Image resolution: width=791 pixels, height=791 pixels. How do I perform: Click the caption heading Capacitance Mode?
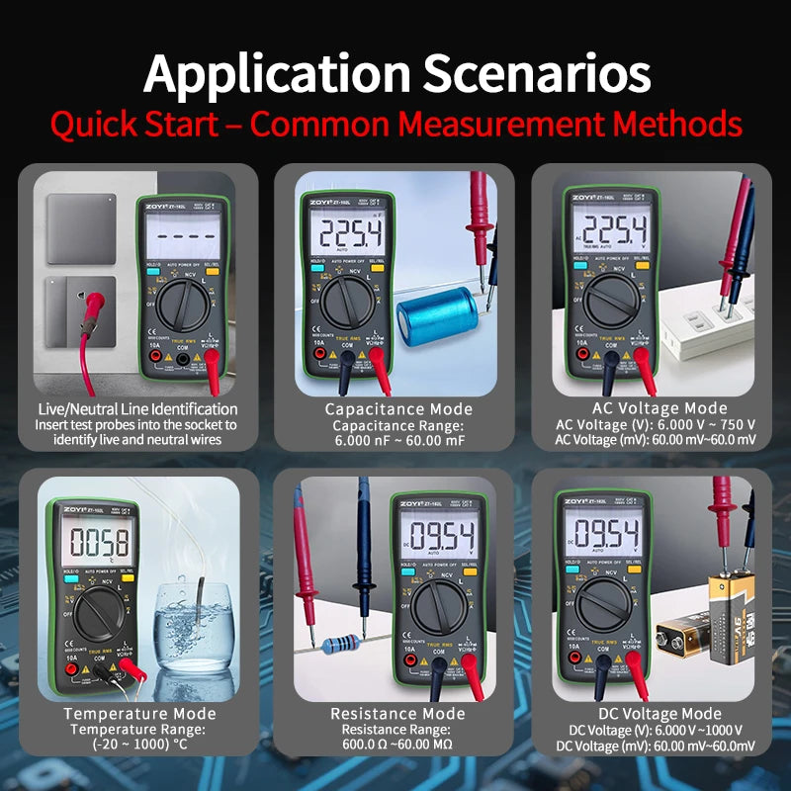point(398,409)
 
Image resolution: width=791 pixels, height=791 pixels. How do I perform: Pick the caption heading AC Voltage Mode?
point(659,408)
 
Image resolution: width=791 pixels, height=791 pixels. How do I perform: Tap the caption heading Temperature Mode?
point(139,714)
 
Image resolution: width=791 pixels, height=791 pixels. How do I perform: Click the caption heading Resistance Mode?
point(397,714)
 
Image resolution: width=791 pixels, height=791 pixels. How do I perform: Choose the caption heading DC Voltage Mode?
point(659,714)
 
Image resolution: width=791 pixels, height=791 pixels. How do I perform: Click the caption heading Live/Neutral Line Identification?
point(137,409)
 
